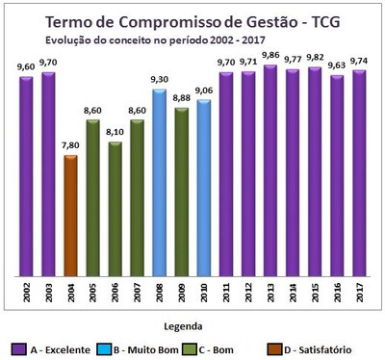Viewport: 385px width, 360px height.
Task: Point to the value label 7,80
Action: pyautogui.click(x=70, y=145)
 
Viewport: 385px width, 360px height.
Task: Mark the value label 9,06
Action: pyautogui.click(x=204, y=90)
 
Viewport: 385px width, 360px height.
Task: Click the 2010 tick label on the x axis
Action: pyautogui.click(x=204, y=290)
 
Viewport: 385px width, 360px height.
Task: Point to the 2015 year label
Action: pyautogui.click(x=316, y=290)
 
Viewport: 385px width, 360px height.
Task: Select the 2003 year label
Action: pyautogui.click(x=48, y=290)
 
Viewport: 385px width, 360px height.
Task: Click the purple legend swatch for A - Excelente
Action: pyautogui.click(x=18, y=348)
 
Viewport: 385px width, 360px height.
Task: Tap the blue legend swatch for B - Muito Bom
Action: pyautogui.click(x=118, y=348)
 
